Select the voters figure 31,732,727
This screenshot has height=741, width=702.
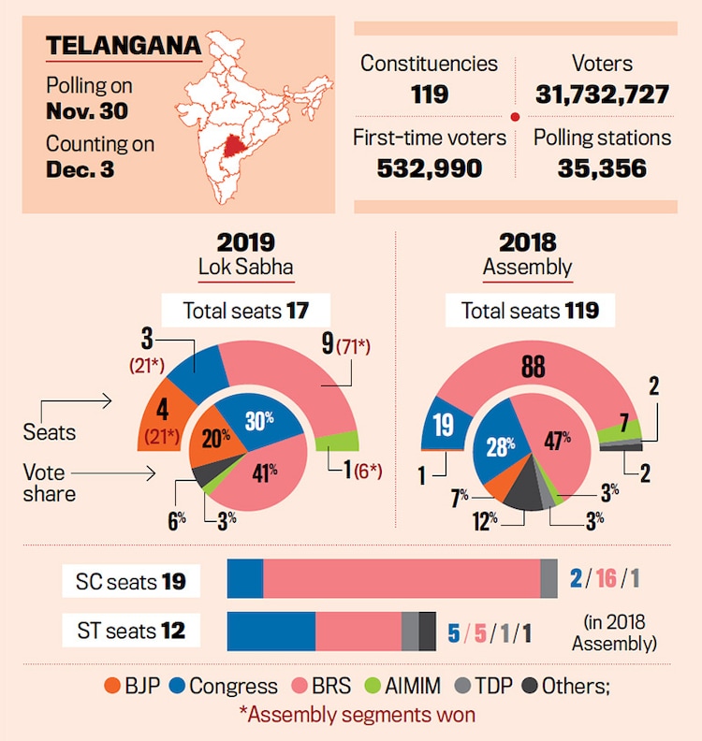point(602,94)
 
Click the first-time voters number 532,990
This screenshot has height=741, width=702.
point(430,167)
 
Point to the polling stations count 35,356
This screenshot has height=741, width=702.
point(602,167)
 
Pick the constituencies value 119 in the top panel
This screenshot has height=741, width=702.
point(430,94)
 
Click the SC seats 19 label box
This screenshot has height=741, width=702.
point(131,581)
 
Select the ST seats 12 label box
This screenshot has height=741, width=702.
point(131,631)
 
